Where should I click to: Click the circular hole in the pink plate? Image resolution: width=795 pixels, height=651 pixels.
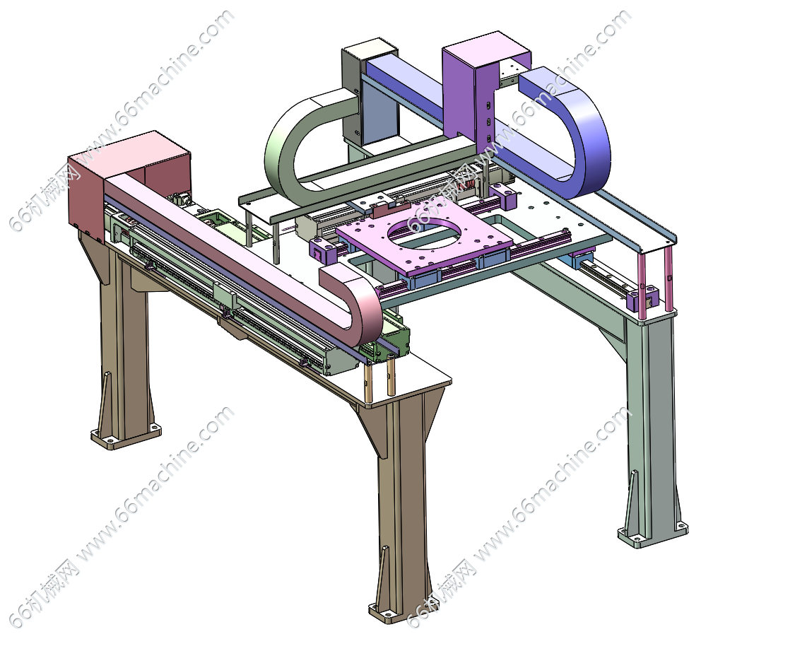click(425, 231)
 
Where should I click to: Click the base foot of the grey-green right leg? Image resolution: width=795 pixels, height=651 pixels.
click(652, 534)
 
